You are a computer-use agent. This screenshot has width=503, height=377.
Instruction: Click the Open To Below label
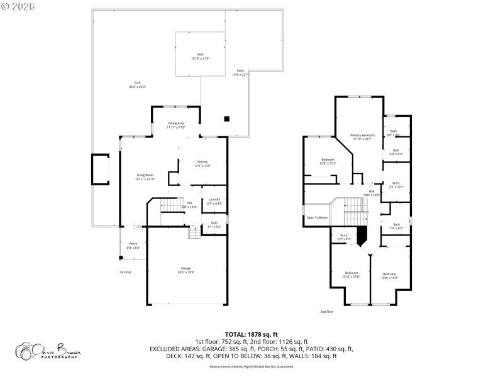click(x=317, y=217)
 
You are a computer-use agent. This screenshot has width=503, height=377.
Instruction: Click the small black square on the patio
click(x=227, y=118)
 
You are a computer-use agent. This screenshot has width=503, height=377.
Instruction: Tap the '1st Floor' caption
click(x=126, y=272)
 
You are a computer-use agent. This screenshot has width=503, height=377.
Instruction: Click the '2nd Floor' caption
click(x=327, y=311)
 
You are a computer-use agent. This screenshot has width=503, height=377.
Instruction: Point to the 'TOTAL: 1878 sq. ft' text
click(x=251, y=334)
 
